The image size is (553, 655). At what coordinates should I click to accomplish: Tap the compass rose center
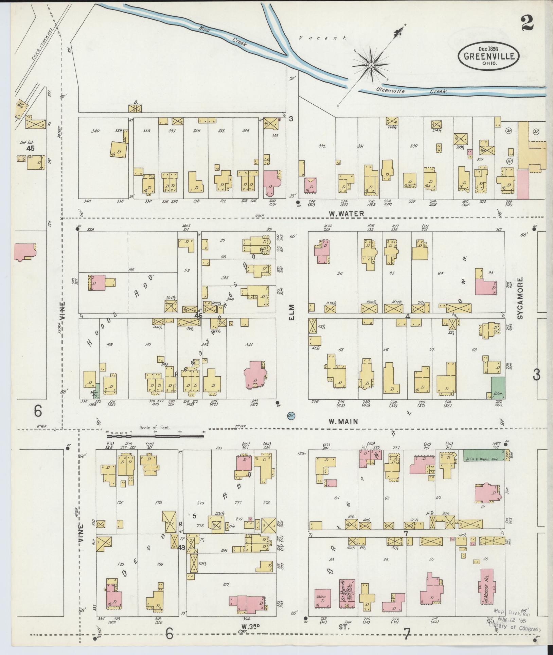[x=371, y=65]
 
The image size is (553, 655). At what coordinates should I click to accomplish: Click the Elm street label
[x=291, y=312]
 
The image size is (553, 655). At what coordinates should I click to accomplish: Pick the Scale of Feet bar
[x=155, y=433]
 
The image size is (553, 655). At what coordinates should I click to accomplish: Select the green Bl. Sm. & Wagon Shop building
[x=482, y=455]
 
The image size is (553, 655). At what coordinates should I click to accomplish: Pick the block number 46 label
[x=198, y=315]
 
